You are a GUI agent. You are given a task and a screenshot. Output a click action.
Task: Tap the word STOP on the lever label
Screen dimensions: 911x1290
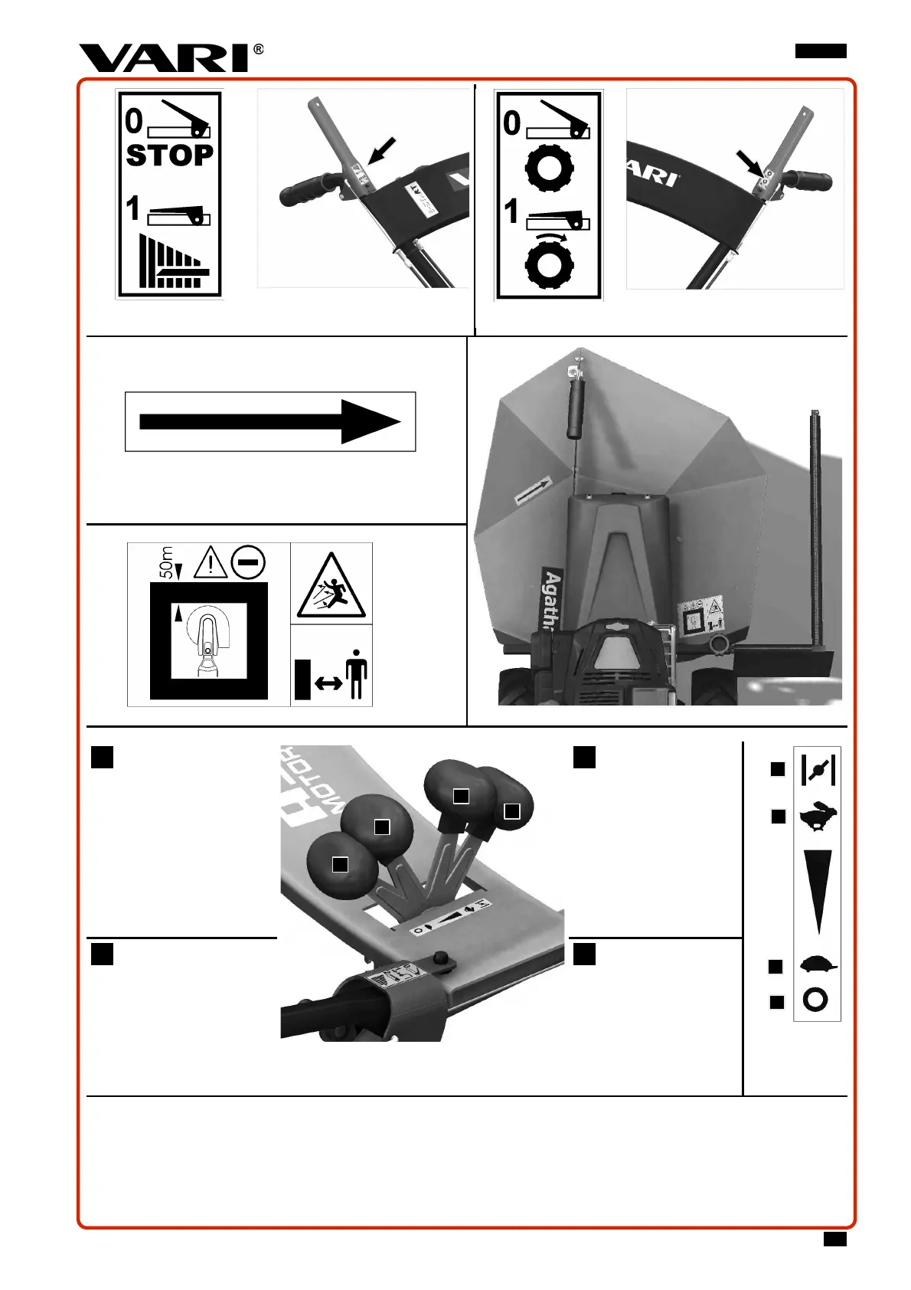pos(169,156)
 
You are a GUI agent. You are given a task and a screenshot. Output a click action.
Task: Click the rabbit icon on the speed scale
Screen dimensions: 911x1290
pos(818,817)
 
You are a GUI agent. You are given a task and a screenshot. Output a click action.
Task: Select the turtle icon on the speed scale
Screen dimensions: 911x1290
pos(818,964)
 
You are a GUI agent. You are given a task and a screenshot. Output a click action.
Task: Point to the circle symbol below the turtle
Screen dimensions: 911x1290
pos(816,1000)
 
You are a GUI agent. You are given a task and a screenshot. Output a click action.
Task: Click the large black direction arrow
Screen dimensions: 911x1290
pos(269,421)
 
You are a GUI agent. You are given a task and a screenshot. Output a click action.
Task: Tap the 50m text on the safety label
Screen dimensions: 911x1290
pos(166,562)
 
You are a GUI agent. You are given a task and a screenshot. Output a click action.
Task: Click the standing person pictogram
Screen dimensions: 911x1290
pos(356,674)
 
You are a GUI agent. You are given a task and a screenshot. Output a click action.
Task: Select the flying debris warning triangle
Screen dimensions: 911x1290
pos(331,587)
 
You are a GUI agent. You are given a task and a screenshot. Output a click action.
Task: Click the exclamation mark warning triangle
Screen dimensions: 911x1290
pos(210,563)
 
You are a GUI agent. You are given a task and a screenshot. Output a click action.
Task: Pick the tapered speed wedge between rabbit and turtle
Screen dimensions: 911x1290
pos(818,889)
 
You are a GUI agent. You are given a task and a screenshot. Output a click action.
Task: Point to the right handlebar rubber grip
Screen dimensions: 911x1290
pos(808,182)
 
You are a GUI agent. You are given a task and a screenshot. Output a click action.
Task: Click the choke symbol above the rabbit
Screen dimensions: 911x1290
pos(817,769)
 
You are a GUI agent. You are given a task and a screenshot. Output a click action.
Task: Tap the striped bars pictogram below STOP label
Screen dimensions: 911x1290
pos(173,262)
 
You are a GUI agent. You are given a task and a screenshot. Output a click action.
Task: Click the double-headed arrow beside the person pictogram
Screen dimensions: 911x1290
pos(328,683)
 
